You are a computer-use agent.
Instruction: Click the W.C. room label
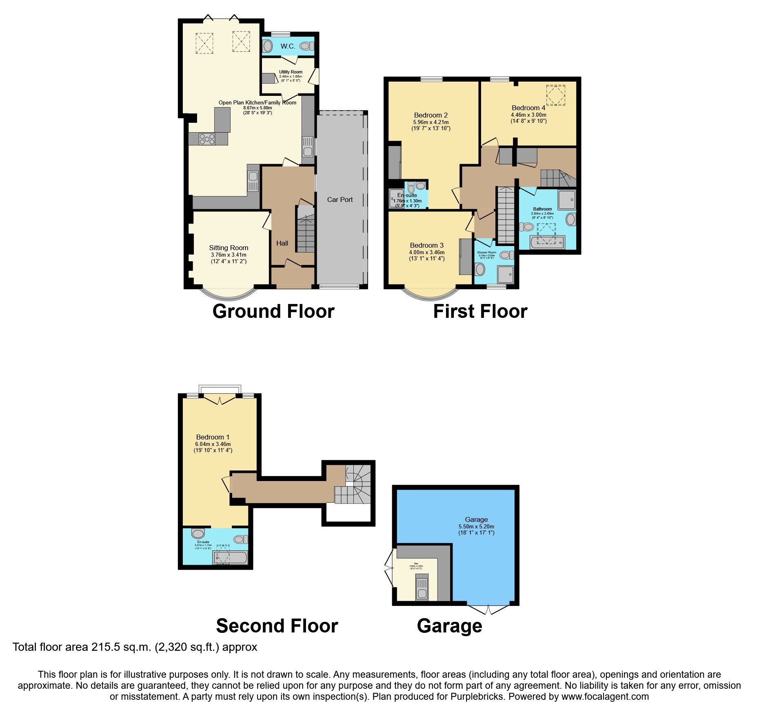pyautogui.click(x=288, y=46)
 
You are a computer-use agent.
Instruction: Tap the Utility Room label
pyautogui.click(x=291, y=72)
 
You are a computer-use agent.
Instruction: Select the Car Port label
pyautogui.click(x=340, y=200)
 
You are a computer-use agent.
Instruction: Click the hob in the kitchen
pyautogui.click(x=207, y=139)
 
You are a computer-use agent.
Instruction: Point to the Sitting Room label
pyautogui.click(x=229, y=248)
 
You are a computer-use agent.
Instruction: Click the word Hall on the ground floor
pyautogui.click(x=282, y=243)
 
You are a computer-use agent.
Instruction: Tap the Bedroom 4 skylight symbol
pyautogui.click(x=555, y=95)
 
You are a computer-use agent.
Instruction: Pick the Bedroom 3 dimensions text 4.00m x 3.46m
pyautogui.click(x=427, y=253)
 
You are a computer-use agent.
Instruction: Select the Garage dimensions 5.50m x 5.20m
pyautogui.click(x=476, y=526)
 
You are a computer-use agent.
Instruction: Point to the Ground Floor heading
pyautogui.click(x=273, y=311)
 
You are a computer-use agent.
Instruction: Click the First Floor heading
pyautogui.click(x=480, y=311)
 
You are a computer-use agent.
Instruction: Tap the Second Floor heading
pyautogui.click(x=277, y=625)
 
